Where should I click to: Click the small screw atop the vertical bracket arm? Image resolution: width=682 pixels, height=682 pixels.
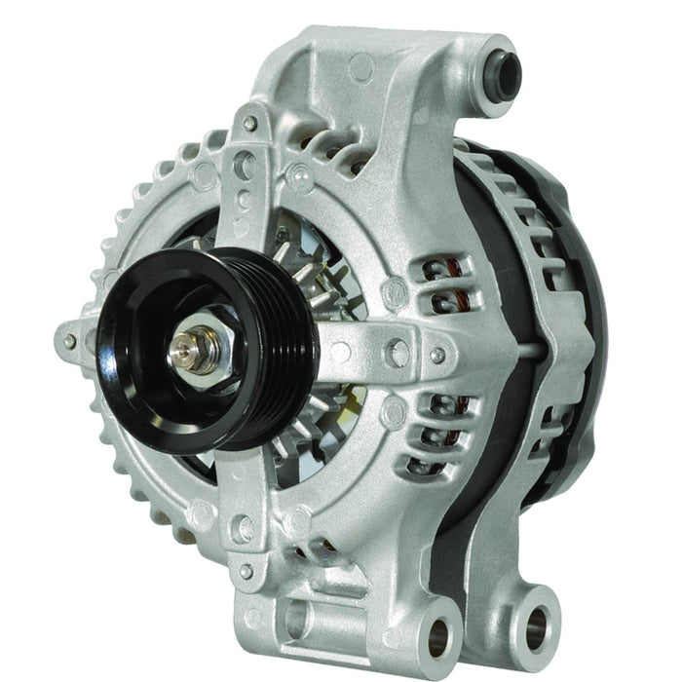250,124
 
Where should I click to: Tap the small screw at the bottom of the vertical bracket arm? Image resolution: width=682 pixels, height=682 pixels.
246,570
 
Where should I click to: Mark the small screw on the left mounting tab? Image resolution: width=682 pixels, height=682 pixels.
69,341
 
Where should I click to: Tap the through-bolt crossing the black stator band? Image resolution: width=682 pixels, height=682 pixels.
531,346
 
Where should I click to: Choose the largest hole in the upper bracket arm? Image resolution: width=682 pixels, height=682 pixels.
246,166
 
